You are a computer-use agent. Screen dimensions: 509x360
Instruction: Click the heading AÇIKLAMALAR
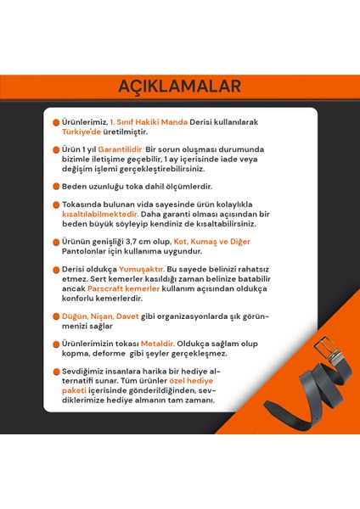[x=179, y=86]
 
